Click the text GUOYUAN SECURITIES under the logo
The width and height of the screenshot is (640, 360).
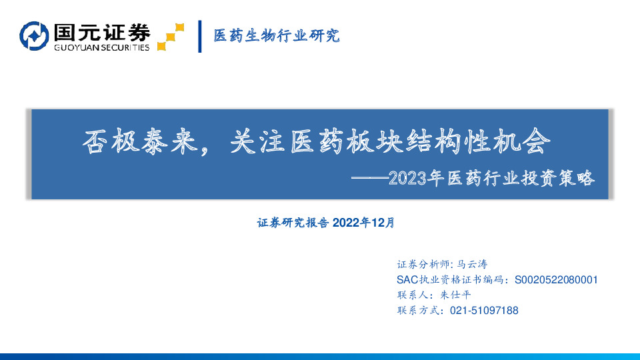pos(101,47)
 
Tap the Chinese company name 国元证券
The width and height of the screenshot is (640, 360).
pos(101,31)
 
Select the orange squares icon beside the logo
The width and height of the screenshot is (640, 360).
pos(170,37)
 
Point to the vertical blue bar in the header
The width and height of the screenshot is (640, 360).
pos(200,37)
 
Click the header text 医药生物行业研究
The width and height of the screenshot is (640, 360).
pos(276,36)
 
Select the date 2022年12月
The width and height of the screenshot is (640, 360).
pos(363,223)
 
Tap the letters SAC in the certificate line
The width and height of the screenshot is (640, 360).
pos(407,279)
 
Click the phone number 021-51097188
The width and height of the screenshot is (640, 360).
pos(485,310)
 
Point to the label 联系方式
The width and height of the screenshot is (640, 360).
pos(418,310)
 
